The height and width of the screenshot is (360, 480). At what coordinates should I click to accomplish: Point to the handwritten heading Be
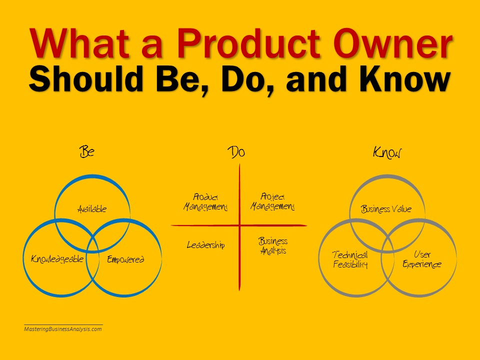[x=87, y=151]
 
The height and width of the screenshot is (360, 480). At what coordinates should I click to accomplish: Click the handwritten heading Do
[x=236, y=152]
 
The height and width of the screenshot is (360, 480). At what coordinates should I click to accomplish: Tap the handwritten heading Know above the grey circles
[x=387, y=152]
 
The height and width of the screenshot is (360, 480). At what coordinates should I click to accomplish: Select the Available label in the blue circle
[x=92, y=209]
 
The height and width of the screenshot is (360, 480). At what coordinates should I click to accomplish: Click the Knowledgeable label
[x=57, y=259]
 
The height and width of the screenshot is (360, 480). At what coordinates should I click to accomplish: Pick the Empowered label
[x=125, y=259]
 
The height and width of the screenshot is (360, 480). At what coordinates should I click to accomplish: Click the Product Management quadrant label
[x=205, y=202]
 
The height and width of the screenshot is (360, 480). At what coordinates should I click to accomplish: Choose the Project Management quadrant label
[x=272, y=201]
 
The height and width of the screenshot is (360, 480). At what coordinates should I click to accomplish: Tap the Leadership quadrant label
[x=205, y=245]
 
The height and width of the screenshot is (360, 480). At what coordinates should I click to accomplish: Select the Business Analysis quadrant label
[x=273, y=246]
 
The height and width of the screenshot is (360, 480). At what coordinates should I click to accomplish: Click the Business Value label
[x=386, y=209]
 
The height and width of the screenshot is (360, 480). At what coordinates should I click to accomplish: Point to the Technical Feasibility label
[x=350, y=259]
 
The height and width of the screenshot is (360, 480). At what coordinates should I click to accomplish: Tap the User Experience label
[x=422, y=259]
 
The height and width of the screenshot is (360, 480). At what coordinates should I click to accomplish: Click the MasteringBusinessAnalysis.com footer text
[x=63, y=329]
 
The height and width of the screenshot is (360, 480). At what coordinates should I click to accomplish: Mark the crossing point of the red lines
[x=239, y=225]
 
